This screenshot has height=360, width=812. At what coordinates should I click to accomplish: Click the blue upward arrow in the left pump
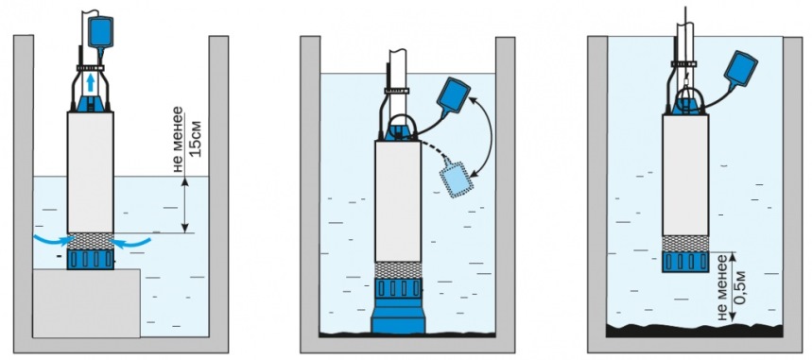coord(91,83)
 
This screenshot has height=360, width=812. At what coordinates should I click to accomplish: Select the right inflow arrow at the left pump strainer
coord(131,241)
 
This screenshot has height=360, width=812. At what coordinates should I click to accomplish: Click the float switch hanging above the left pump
coord(100,33)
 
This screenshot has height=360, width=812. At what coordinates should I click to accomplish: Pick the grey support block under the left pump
coord(86,303)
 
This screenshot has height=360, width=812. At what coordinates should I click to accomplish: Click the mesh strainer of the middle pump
coord(398,270)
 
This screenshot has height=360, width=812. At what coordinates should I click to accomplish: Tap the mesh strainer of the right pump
coord(685,244)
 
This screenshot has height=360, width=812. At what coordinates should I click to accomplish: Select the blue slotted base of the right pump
coord(685,262)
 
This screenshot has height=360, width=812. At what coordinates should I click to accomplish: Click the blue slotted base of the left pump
coord(90,259)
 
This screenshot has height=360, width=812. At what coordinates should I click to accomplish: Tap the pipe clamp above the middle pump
coord(396,91)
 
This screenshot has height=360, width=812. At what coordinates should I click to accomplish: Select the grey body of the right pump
coord(685,175)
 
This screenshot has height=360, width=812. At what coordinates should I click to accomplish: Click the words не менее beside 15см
coord(178,139)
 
